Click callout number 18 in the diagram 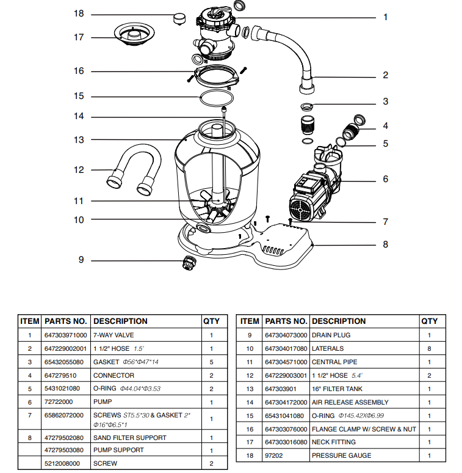(79, 13)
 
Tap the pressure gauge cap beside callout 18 (179, 17)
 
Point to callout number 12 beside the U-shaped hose (79, 170)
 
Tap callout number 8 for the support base (385, 244)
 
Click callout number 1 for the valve (385, 17)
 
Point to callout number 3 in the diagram (385, 101)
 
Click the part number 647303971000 (66, 335)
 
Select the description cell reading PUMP (102, 402)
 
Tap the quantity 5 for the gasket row (211, 362)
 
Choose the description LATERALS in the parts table (328, 348)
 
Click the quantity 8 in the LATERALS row (429, 348)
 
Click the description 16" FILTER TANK (337, 389)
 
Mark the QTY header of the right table (429, 321)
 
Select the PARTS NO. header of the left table (66, 321)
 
